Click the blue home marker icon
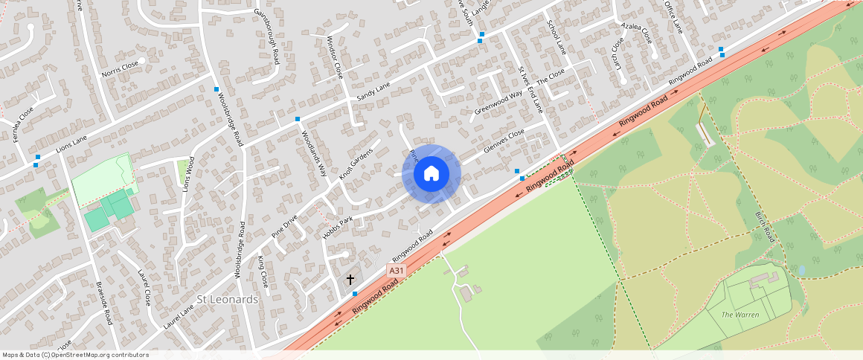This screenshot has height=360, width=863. point(431,175)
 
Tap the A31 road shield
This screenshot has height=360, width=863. point(396,271)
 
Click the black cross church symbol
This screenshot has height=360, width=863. point(350,280)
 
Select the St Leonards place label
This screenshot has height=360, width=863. point(227,300)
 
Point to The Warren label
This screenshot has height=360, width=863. point(740,315)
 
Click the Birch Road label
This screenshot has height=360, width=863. point(765,226)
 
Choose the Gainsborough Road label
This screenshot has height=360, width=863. point(266,36)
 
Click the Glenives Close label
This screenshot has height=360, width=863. point(504,141)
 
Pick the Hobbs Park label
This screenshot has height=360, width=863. point(336,228)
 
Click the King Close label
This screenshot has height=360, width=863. point(262,272)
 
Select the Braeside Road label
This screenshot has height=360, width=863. point(103,303)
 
